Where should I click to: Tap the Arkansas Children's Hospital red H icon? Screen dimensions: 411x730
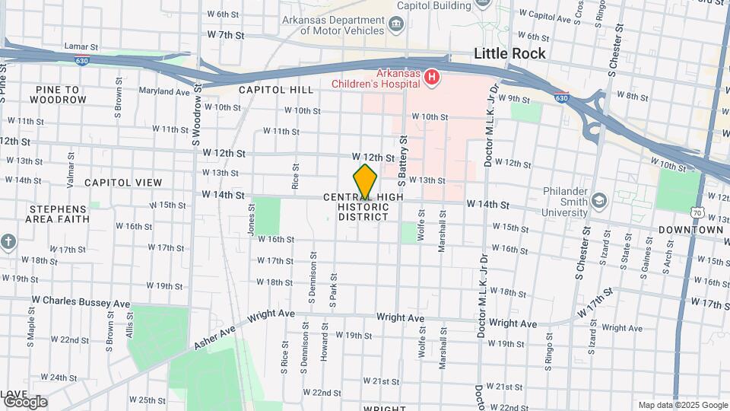(432, 77)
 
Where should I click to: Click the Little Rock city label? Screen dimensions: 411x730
(509, 53)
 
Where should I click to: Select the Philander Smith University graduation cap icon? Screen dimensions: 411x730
(598, 200)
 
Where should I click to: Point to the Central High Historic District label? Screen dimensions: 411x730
(363, 207)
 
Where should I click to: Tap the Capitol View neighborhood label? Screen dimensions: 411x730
(123, 183)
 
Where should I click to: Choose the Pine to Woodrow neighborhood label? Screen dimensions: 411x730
(61, 94)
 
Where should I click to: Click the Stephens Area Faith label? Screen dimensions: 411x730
(59, 214)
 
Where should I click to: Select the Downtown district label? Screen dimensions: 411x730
(690, 229)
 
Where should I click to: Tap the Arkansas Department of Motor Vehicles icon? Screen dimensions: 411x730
(395, 25)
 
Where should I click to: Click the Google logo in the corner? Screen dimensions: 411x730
(25, 401)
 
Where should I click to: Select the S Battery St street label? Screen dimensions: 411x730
(404, 161)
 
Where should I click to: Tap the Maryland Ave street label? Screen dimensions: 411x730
(163, 91)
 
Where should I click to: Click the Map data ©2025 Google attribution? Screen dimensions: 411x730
(682, 405)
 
